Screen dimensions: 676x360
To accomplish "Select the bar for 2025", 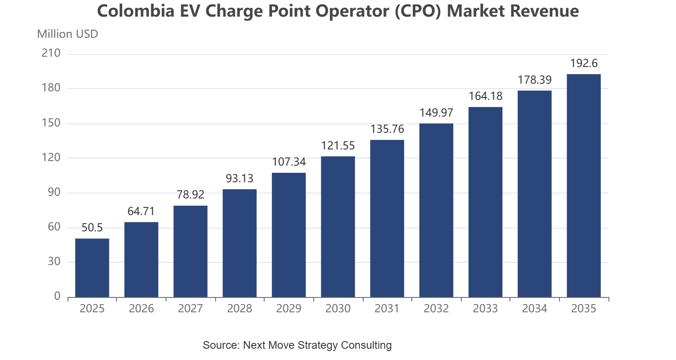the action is coord(92,268).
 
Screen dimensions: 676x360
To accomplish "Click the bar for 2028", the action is coord(239,243).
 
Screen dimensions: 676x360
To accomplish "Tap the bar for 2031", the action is coord(387,218).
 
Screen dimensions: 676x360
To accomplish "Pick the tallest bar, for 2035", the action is coord(584,185).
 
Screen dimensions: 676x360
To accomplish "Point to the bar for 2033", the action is coord(486,202).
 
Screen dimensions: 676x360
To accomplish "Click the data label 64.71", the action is coord(141,211).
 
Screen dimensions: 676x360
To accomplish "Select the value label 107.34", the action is coord(289,162).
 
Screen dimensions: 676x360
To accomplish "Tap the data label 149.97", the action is coord(437,112).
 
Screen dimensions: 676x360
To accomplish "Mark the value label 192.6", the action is coord(584,63).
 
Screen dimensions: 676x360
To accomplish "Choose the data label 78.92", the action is coord(190,195).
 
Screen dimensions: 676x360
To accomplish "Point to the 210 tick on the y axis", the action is coord(51,53).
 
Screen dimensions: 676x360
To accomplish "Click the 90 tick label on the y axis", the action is coord(54,192).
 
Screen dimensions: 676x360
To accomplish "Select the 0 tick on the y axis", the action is coord(57,296).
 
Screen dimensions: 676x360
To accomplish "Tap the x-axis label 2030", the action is coord(338,308).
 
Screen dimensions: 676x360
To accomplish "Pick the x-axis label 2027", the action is coord(190,308).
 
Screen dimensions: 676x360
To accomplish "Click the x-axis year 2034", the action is coord(535,308).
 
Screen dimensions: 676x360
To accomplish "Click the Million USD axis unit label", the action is coord(68,34).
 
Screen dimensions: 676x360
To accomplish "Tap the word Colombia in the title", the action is coord(136,11).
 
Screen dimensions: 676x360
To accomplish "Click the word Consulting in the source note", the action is coord(366,345).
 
